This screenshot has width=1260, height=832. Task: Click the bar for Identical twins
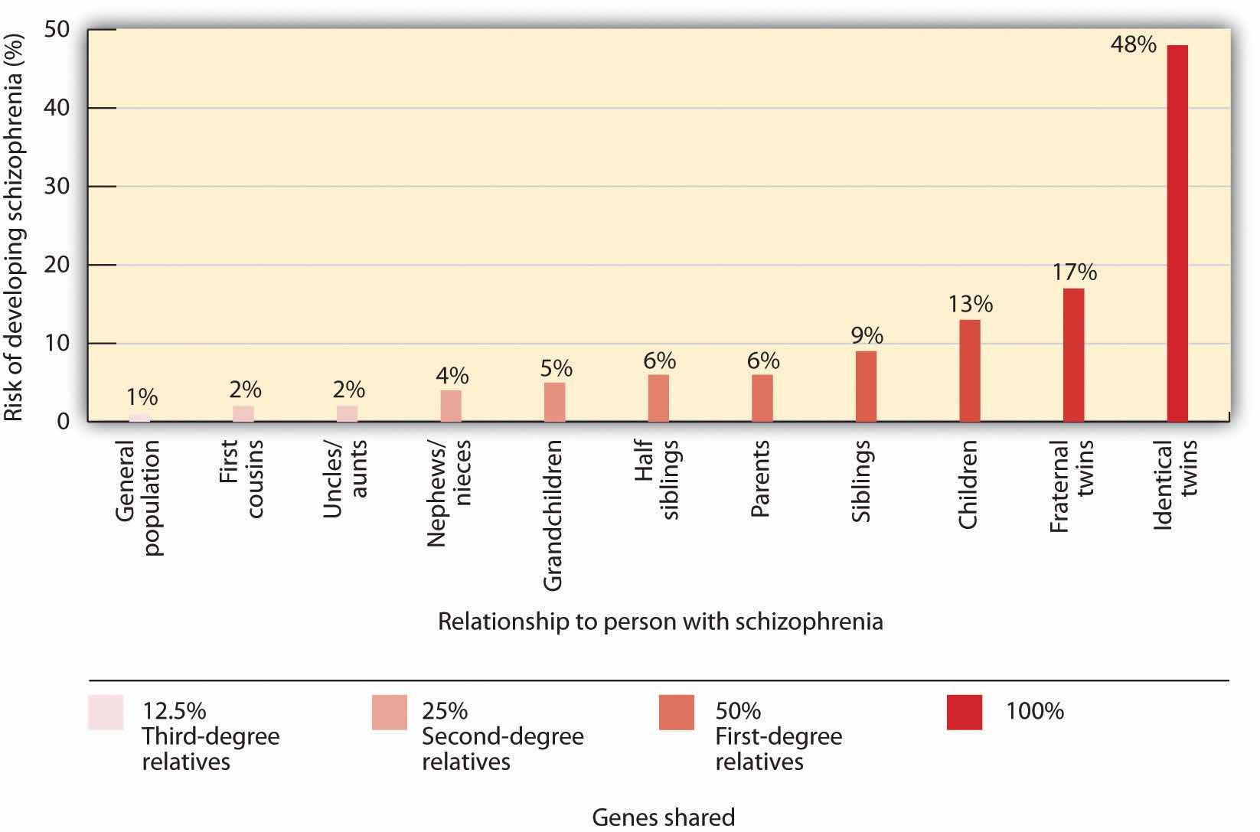click(x=1177, y=233)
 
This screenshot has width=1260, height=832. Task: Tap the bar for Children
click(x=969, y=370)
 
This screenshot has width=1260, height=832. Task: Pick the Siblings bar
click(x=866, y=386)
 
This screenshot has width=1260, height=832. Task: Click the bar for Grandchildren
click(x=554, y=402)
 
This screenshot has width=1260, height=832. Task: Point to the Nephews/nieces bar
click(x=451, y=406)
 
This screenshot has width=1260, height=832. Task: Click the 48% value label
click(x=1133, y=44)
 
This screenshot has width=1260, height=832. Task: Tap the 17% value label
click(x=1073, y=272)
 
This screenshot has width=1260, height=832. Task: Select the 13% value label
click(x=970, y=304)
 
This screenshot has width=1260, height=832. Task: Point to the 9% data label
click(x=867, y=335)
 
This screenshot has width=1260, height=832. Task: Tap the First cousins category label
click(x=243, y=478)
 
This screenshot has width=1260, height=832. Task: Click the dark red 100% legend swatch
click(x=964, y=712)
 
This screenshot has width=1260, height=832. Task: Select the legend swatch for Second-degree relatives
click(x=389, y=712)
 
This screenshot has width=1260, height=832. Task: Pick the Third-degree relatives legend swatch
click(x=105, y=712)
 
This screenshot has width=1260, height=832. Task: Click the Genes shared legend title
click(x=663, y=817)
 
